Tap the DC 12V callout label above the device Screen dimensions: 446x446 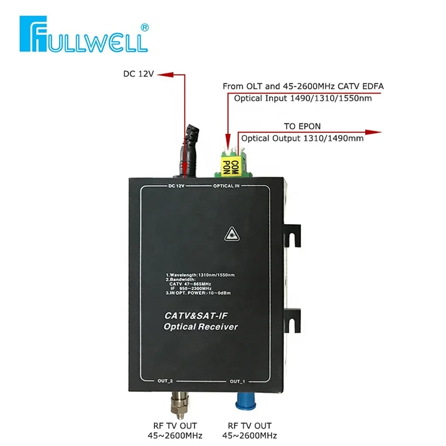[x=138, y=74]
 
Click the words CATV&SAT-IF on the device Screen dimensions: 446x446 [x=195, y=316]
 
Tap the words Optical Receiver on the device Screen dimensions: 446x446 [x=201, y=327]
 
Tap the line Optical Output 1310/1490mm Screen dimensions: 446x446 [x=302, y=139]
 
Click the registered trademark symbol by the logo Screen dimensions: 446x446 [x=144, y=26]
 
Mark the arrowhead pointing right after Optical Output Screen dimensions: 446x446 [x=378, y=132]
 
